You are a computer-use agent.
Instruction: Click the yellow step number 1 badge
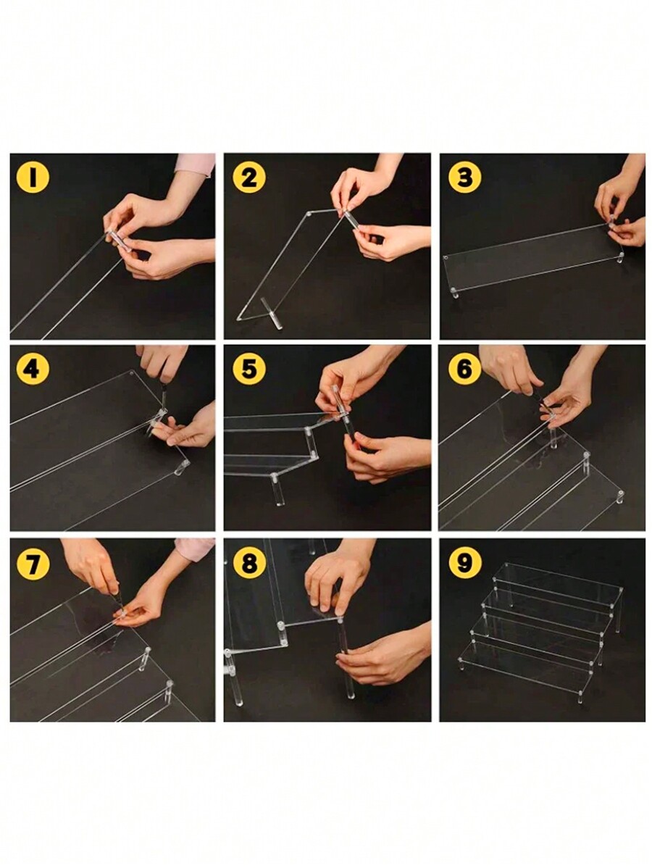[32, 177]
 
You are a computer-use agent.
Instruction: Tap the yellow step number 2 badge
[249, 177]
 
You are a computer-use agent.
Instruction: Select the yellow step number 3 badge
[465, 177]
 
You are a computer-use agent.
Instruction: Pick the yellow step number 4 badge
[32, 370]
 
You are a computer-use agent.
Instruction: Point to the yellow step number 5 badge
[249, 370]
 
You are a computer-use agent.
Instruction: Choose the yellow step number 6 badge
[465, 370]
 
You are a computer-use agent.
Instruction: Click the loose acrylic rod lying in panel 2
[271, 313]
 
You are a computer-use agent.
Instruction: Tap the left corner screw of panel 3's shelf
[446, 257]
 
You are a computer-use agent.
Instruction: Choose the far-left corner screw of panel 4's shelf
[132, 375]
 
